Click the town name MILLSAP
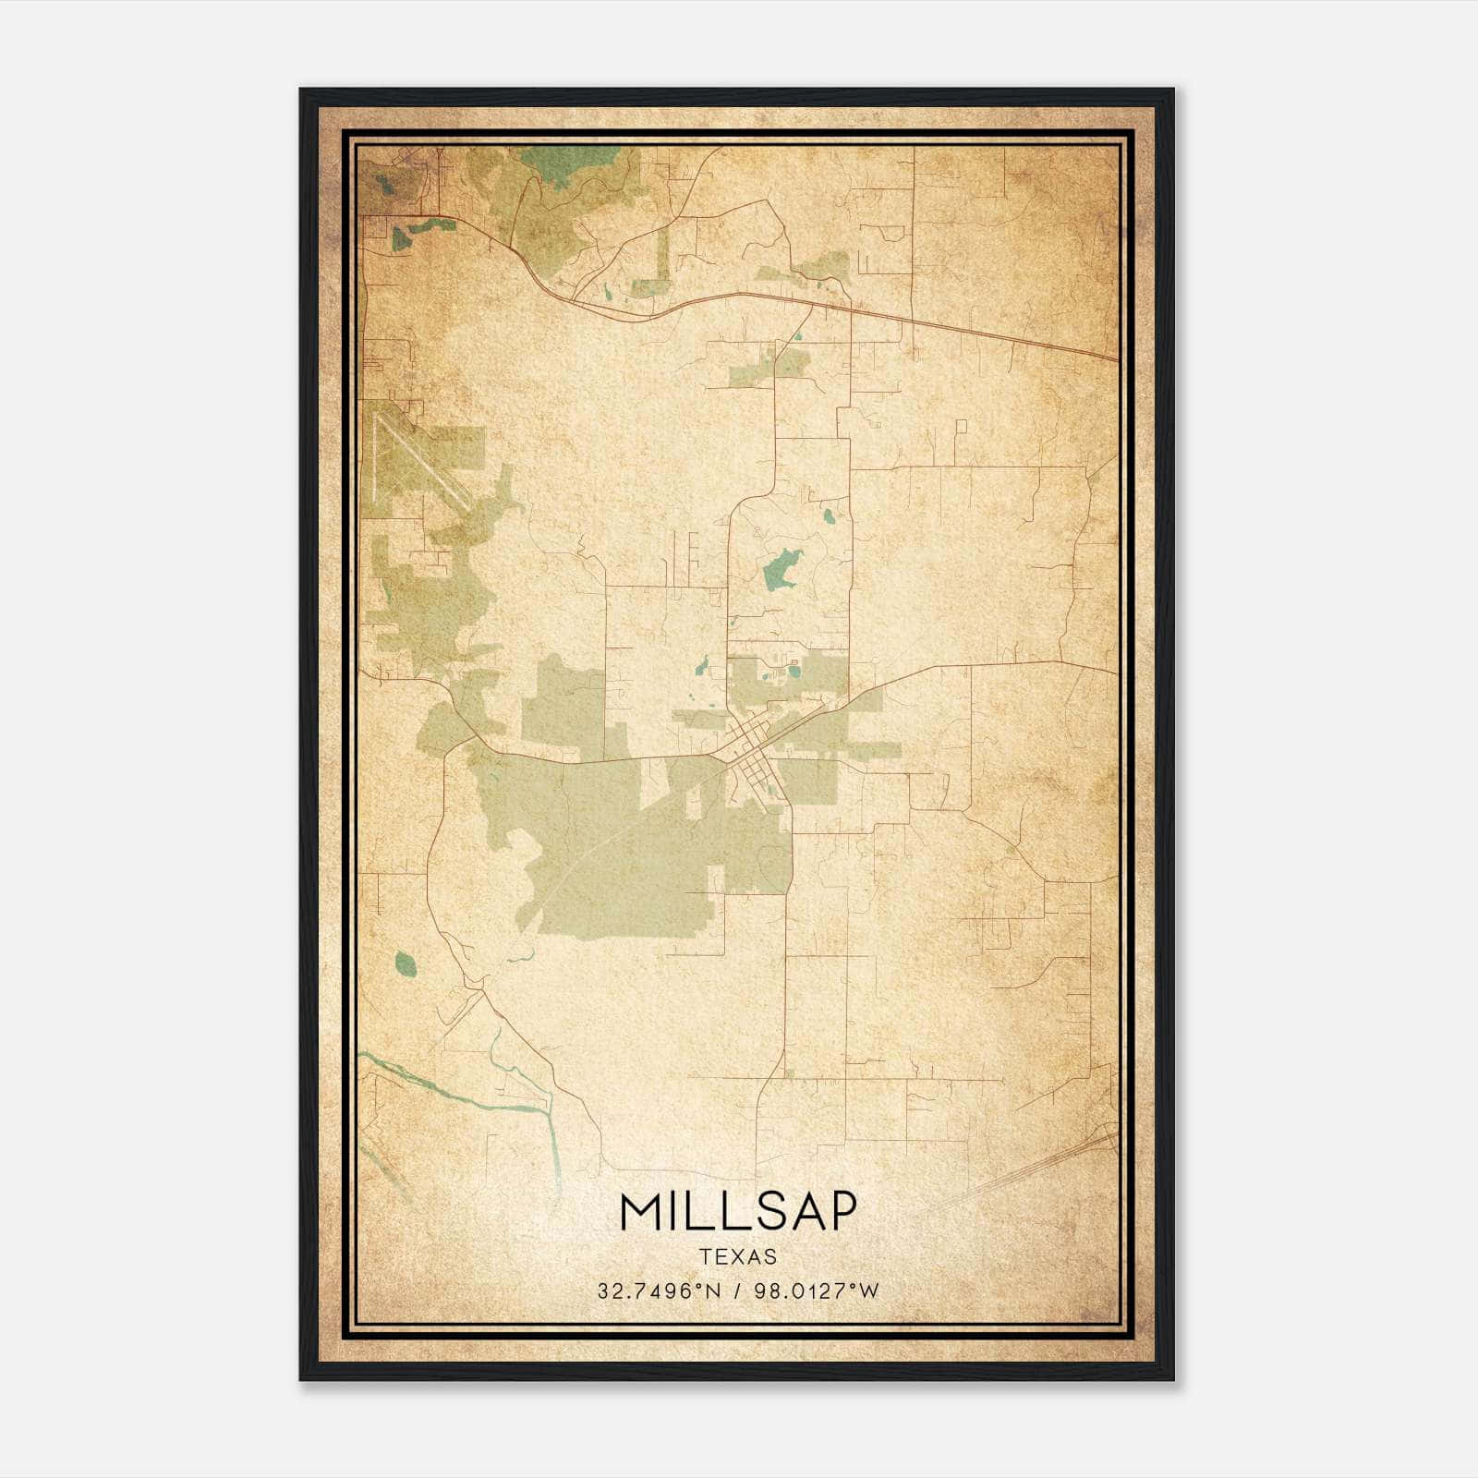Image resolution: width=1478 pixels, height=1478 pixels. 738,1211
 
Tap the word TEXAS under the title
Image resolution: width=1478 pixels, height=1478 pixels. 738,1256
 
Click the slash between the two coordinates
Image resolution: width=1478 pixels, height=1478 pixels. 735,1291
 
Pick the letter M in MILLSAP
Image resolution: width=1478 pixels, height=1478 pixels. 640,1211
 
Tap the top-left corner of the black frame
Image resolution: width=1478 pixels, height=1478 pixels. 301,91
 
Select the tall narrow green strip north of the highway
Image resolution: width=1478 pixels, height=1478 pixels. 663,254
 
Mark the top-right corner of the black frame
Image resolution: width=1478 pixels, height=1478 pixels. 1172,91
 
